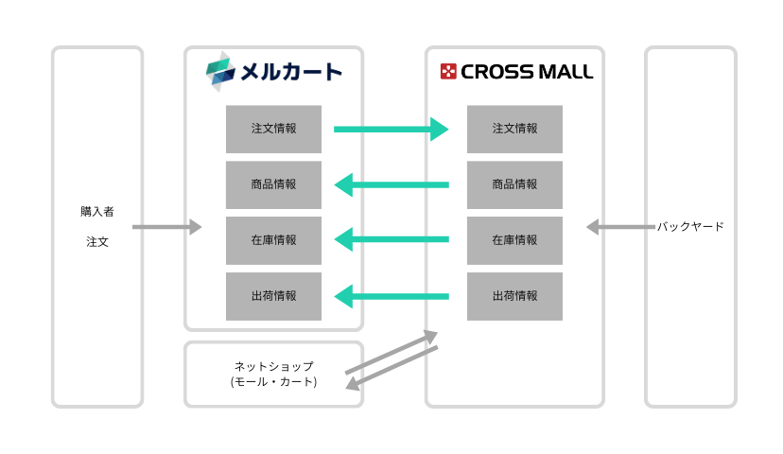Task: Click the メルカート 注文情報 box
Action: tap(273, 129)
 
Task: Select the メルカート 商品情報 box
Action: tap(273, 184)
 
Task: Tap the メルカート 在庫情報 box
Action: tap(273, 240)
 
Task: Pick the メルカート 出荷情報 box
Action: tap(273, 296)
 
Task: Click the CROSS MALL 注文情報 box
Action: tap(514, 129)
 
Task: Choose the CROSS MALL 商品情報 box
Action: tap(514, 184)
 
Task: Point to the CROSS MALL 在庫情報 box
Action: tap(514, 240)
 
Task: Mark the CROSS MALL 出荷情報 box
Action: tap(514, 296)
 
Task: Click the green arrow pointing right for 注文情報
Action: tap(391, 129)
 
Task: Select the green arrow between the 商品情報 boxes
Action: tap(391, 184)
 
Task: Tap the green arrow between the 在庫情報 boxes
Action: tap(391, 240)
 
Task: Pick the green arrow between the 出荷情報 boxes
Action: tap(391, 296)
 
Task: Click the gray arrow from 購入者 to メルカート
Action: tap(167, 227)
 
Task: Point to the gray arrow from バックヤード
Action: tap(619, 227)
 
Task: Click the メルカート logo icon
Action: tap(218, 71)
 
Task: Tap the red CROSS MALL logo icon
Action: tap(448, 71)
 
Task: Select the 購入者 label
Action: tap(97, 212)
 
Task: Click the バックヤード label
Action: tap(691, 227)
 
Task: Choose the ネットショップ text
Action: tap(273, 366)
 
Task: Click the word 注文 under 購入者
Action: tap(97, 242)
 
